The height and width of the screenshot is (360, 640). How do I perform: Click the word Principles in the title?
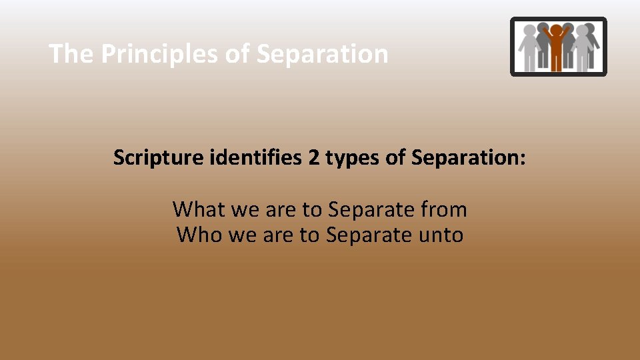(160, 54)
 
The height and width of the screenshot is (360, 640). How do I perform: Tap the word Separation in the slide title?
(322, 54)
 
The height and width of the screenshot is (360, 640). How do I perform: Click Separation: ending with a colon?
(469, 158)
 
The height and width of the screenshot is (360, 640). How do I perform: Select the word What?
(199, 209)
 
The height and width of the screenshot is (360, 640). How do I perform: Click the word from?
(444, 209)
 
